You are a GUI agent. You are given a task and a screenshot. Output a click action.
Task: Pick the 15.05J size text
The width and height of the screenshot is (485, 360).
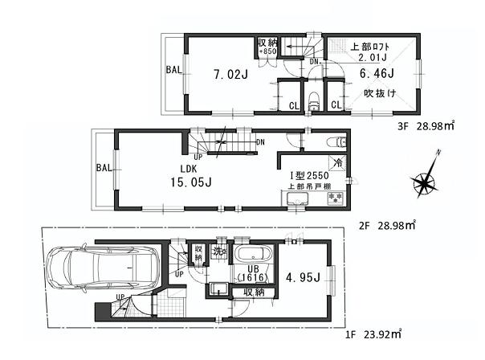coord(190,182)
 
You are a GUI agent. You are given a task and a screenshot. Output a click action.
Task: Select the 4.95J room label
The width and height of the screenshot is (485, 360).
coord(302,277)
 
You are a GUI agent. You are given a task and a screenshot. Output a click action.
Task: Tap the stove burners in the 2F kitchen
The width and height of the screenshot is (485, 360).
coord(336,196)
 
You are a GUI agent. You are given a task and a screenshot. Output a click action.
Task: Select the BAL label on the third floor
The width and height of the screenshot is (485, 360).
coord(173,70)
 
